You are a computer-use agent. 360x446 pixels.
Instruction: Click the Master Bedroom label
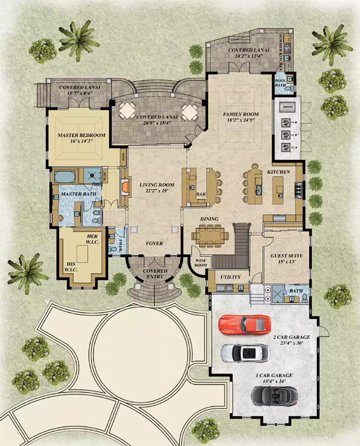click(81, 135)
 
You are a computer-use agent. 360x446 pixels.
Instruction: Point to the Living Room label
click(157, 185)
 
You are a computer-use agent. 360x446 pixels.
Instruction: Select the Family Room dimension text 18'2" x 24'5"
click(241, 120)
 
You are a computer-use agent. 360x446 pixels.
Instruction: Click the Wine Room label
click(201, 263)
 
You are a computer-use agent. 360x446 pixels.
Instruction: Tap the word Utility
click(230, 277)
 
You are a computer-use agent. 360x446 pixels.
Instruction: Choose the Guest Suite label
click(287, 256)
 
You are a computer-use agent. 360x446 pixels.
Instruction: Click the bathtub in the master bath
click(65, 177)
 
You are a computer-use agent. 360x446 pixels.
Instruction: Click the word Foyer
click(154, 244)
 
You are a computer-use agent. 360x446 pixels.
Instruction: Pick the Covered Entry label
click(155, 274)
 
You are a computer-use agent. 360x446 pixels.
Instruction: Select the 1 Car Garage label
click(274, 375)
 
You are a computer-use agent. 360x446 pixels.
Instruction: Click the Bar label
click(201, 195)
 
